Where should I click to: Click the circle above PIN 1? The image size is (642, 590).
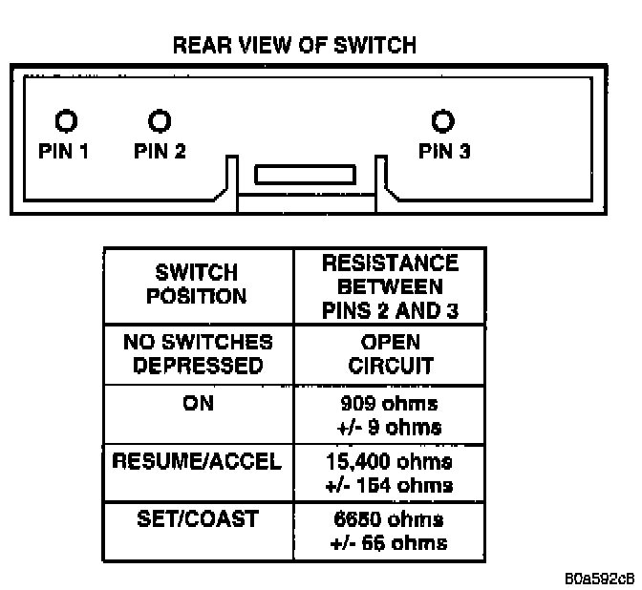(x=64, y=121)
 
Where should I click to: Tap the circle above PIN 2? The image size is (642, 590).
(x=160, y=121)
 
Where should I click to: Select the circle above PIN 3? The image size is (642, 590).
(x=442, y=121)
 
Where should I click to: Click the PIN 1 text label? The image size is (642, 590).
(x=64, y=150)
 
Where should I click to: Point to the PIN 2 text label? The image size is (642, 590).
(x=160, y=150)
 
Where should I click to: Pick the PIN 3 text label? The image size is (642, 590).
(x=444, y=150)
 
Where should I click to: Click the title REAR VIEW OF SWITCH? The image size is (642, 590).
(x=293, y=46)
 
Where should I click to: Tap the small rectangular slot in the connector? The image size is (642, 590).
(x=306, y=175)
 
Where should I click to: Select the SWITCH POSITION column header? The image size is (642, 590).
(x=196, y=284)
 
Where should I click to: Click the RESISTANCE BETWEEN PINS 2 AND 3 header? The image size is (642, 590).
(x=390, y=284)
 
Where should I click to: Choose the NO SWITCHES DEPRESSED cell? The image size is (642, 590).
(x=196, y=354)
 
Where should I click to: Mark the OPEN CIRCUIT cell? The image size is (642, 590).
(x=390, y=354)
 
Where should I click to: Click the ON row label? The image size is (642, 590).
(x=197, y=404)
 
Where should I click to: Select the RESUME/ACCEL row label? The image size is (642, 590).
(x=197, y=462)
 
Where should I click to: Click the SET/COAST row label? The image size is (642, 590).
(x=197, y=520)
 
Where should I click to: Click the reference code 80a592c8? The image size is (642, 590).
(x=598, y=579)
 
